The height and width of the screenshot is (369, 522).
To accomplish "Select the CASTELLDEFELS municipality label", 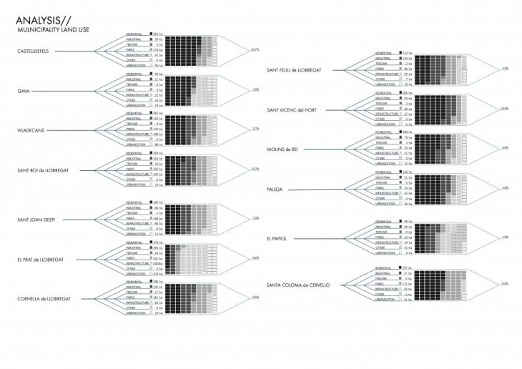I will pos(37,51).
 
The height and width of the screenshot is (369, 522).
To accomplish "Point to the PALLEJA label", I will pos(275,188).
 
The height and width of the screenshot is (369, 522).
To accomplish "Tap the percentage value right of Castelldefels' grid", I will pos(255,49).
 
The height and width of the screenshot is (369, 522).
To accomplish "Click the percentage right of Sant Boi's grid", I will pos(255,169).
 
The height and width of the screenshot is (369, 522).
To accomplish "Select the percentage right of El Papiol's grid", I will pos(506,237).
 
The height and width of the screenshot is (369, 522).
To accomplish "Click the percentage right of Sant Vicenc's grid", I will pos(505,109).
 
